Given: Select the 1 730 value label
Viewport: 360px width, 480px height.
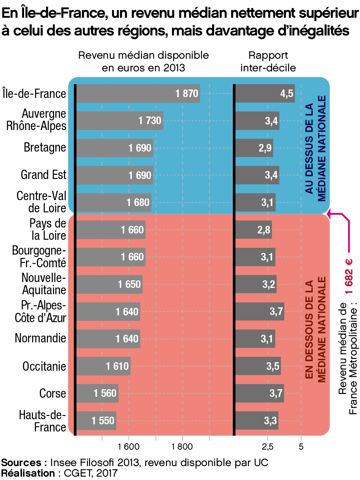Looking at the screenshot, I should coord(150,121).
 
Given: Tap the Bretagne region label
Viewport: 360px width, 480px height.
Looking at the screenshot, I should coord(45,147).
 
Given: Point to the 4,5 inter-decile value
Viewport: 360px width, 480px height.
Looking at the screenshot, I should coord(287,94).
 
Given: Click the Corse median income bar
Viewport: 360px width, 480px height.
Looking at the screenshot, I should coord(97,393).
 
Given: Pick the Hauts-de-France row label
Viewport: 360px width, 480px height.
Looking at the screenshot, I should coord(43,421).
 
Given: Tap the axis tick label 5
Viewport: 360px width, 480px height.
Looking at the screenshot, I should coord(301,446).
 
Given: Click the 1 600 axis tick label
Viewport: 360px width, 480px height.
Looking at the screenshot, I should coord(129,446).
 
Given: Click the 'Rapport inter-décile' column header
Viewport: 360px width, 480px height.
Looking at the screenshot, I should coord(268,61).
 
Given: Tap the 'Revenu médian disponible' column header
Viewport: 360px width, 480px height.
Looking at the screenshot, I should coord(144,61).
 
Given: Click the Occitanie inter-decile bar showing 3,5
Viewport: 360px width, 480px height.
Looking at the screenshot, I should coord(258,366).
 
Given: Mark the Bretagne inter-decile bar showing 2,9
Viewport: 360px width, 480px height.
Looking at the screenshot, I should coord(254,148).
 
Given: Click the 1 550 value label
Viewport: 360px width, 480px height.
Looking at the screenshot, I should coord(103,421).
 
